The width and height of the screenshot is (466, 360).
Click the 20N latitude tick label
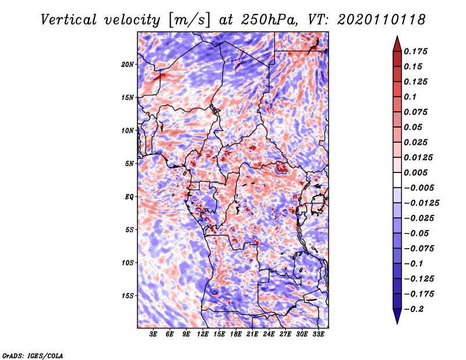click(x=128, y=65)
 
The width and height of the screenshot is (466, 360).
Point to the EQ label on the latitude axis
click(x=129, y=197)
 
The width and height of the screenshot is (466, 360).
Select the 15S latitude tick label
click(x=128, y=296)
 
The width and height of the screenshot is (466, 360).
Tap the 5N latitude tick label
click(x=129, y=164)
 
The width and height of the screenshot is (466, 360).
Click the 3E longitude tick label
click(x=153, y=334)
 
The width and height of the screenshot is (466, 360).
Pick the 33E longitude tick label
click(x=318, y=334)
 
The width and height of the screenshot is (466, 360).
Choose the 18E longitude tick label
click(x=236, y=334)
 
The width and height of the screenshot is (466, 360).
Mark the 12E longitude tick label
click(x=203, y=334)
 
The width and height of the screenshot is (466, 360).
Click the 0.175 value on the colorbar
click(x=415, y=51)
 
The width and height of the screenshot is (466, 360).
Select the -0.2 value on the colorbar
click(x=414, y=309)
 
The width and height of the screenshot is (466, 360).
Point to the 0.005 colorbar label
click(x=415, y=172)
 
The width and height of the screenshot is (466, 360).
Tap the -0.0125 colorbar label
click(x=421, y=203)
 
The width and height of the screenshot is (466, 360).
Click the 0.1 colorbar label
click(x=410, y=97)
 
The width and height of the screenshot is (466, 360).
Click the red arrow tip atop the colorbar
click(x=397, y=36)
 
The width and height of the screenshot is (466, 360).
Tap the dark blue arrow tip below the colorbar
click(x=397, y=323)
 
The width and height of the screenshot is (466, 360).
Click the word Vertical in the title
click(x=69, y=20)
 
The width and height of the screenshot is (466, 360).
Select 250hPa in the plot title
click(x=269, y=20)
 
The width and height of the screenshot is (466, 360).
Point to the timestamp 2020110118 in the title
click(x=382, y=20)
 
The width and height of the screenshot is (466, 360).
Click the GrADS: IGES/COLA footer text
click(x=33, y=356)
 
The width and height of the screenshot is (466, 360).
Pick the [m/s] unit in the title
click(x=190, y=20)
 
